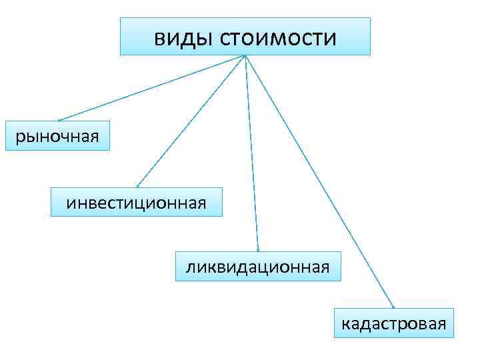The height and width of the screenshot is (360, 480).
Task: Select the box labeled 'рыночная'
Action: coord(57,136)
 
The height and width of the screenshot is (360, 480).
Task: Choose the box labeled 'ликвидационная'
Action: coord(257,267)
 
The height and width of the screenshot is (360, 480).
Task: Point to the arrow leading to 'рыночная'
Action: coord(153,87)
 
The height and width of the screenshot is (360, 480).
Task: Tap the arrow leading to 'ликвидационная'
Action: coord(252,153)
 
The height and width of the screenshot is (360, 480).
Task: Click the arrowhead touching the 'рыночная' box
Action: coord(59,120)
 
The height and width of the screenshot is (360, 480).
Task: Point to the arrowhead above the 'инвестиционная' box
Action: coord(137,186)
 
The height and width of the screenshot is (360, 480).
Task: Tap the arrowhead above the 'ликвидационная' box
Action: coord(257,250)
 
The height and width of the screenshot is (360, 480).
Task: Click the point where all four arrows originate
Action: coord(245,55)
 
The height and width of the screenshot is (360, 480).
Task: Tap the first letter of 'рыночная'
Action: coord(19,137)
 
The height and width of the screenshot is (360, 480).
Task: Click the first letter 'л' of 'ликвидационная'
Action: coord(190,268)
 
